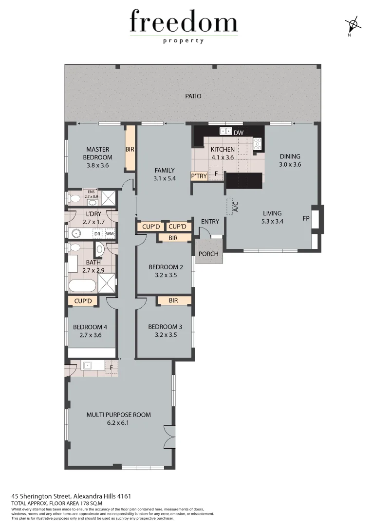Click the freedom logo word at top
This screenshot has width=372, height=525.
point(184,22)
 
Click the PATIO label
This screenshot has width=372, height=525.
point(193,96)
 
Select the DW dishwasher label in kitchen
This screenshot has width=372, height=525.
point(238,132)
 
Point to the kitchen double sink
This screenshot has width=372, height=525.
point(225,131)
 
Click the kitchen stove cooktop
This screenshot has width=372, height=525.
point(257,144)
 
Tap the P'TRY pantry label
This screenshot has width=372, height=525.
point(199,176)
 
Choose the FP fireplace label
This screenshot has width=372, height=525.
point(306,218)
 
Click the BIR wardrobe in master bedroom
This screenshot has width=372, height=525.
point(130,150)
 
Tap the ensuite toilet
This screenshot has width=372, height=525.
point(74,198)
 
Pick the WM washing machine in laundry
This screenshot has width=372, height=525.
point(110,234)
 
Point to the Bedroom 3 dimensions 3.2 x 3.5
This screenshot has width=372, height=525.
point(162,334)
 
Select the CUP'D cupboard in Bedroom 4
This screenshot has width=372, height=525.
point(83,301)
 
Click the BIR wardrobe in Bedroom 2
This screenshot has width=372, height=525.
point(173,238)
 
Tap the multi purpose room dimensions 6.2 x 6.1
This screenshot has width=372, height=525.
point(118,423)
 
